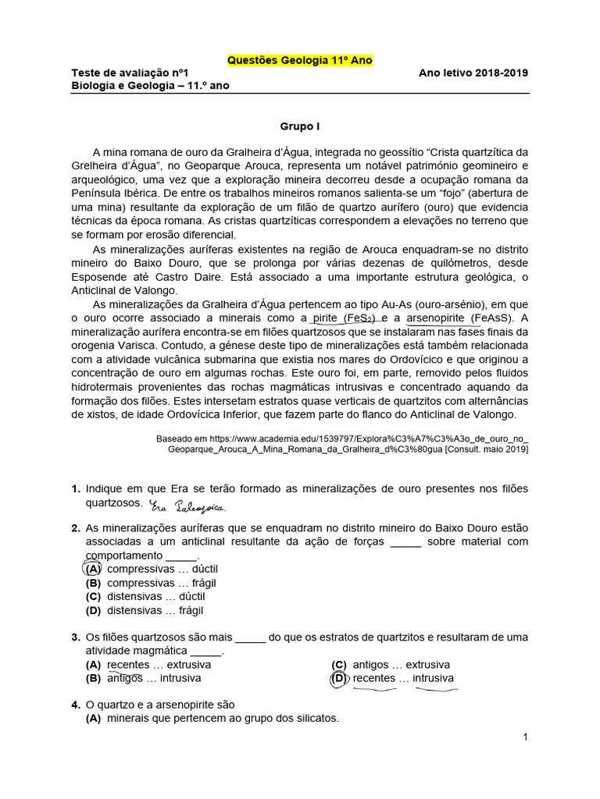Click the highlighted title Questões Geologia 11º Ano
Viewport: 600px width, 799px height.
[x=299, y=60]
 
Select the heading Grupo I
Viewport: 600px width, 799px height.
[x=300, y=126]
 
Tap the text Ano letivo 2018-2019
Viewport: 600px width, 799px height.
[x=473, y=73]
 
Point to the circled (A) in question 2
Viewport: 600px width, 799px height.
[x=93, y=569]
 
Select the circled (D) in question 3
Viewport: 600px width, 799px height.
[x=339, y=678]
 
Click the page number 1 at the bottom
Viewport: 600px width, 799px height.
[x=526, y=737]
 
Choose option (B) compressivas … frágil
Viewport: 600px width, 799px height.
[x=151, y=583]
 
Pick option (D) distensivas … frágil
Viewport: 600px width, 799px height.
[x=145, y=611]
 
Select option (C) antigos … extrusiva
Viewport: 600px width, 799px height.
[x=391, y=665]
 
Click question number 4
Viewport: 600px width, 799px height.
[x=76, y=705]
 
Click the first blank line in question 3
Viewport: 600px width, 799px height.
[x=251, y=637]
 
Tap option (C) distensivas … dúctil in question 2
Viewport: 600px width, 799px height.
[x=145, y=597]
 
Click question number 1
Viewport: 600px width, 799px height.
[x=76, y=488]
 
